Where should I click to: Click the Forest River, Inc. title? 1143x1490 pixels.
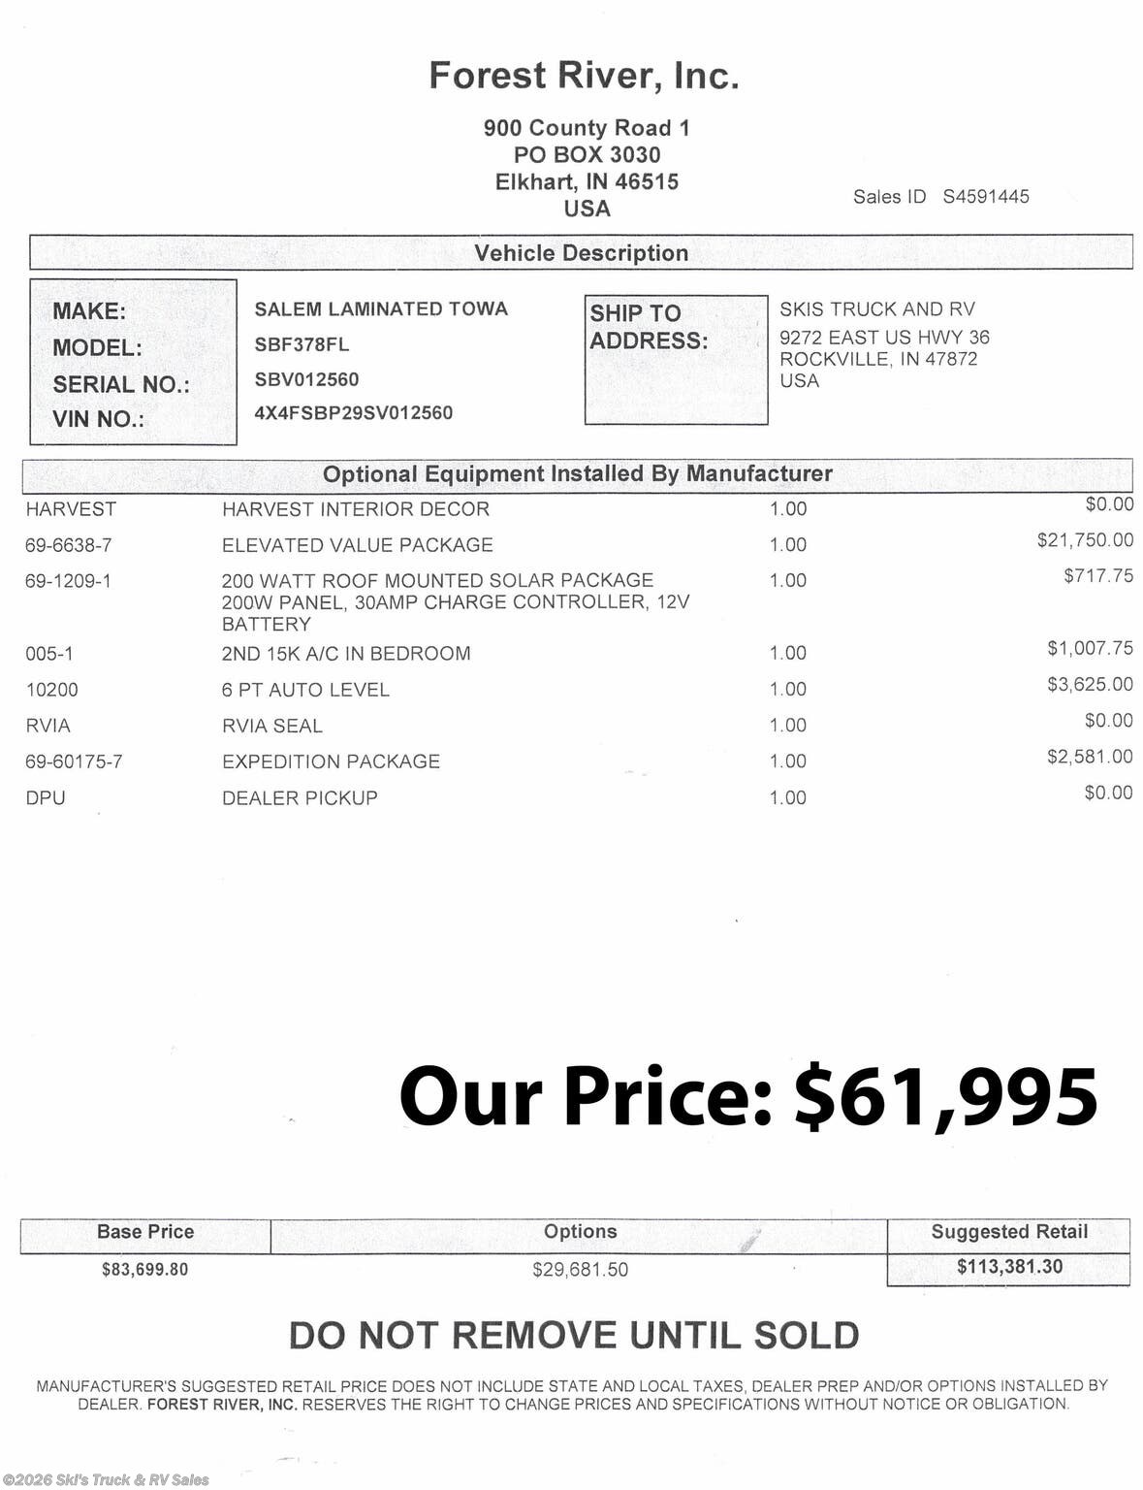[584, 76]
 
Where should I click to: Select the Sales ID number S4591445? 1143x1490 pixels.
[986, 197]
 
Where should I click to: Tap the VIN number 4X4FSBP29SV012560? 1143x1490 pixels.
[353, 413]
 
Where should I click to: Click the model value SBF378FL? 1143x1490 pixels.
[302, 345]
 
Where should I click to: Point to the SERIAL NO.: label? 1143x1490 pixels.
[121, 384]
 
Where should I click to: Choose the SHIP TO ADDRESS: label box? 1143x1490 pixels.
[675, 359]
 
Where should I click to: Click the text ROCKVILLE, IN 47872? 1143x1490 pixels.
[878, 359]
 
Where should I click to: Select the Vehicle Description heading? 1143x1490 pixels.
[581, 253]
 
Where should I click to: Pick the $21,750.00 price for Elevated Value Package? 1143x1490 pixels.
[1084, 540]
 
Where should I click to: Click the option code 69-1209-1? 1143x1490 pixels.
[68, 581]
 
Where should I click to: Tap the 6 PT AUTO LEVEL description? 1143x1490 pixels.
[305, 690]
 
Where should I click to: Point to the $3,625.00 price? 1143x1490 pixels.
[1089, 685]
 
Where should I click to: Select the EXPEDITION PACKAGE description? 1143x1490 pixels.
[331, 761]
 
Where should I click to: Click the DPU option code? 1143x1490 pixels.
[45, 798]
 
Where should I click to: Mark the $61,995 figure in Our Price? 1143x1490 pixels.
[945, 1097]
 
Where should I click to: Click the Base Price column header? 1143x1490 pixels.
[145, 1232]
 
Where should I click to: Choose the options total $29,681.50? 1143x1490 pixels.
[580, 1270]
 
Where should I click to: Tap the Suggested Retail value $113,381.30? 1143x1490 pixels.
[1008, 1267]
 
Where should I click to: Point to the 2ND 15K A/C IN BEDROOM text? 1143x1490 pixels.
[346, 654]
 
